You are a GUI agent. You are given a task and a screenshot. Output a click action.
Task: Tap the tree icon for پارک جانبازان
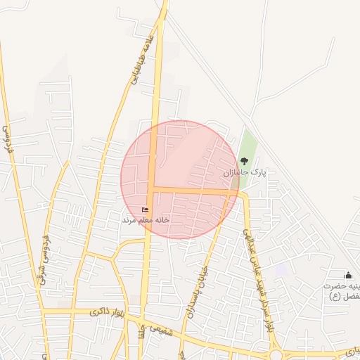[245, 161]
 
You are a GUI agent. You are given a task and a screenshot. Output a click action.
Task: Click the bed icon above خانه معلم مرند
[146, 210]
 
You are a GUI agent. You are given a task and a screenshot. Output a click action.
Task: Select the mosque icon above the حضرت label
[348, 275]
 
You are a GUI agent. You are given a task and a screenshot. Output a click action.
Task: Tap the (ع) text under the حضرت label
[335, 296]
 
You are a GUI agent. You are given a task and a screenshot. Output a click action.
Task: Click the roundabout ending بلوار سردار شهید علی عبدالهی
[276, 354]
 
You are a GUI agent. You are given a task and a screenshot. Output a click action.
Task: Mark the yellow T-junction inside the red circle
[151, 189]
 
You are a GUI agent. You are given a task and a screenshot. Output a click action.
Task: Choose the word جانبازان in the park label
[237, 172]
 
